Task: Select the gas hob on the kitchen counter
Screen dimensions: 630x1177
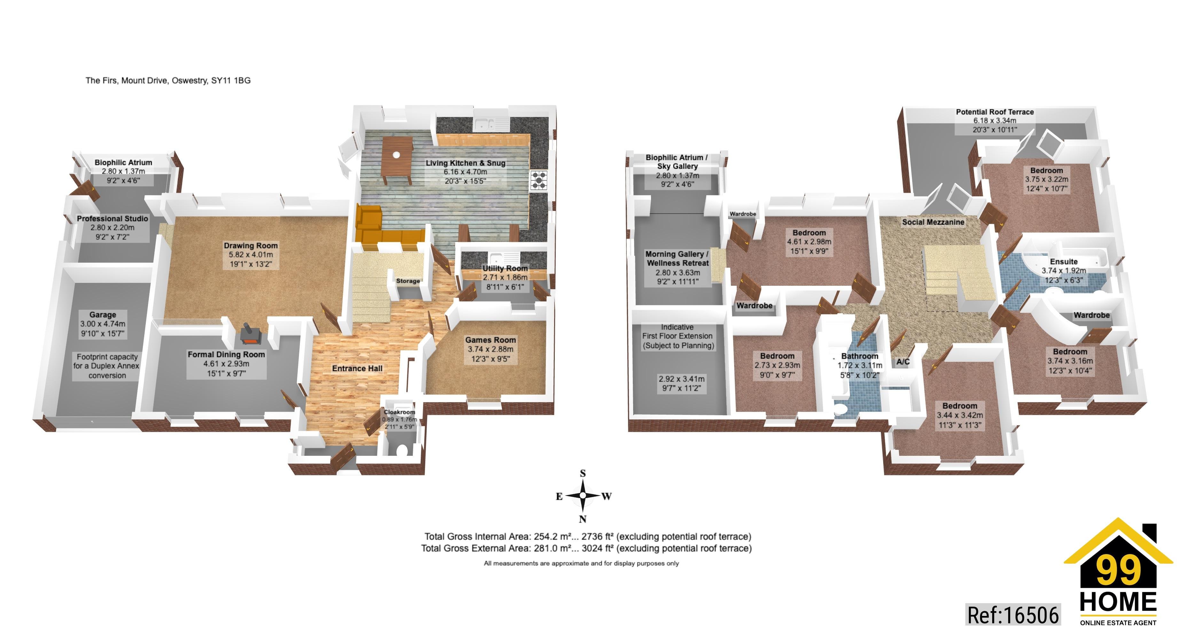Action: click(x=539, y=180)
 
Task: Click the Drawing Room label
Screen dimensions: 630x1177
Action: click(x=250, y=246)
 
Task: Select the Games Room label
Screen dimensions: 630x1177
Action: click(x=490, y=340)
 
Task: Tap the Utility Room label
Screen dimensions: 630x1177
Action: click(x=505, y=268)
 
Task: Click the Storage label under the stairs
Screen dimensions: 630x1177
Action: click(x=408, y=281)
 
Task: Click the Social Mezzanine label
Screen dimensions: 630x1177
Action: click(x=933, y=222)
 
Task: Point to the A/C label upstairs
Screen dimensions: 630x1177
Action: click(x=903, y=362)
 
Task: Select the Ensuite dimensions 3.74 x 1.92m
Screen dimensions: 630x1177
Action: click(x=1064, y=270)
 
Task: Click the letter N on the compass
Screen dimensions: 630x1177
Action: click(x=583, y=519)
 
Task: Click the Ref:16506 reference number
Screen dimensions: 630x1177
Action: click(x=1013, y=615)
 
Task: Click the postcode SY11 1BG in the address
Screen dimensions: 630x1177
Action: click(x=231, y=81)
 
